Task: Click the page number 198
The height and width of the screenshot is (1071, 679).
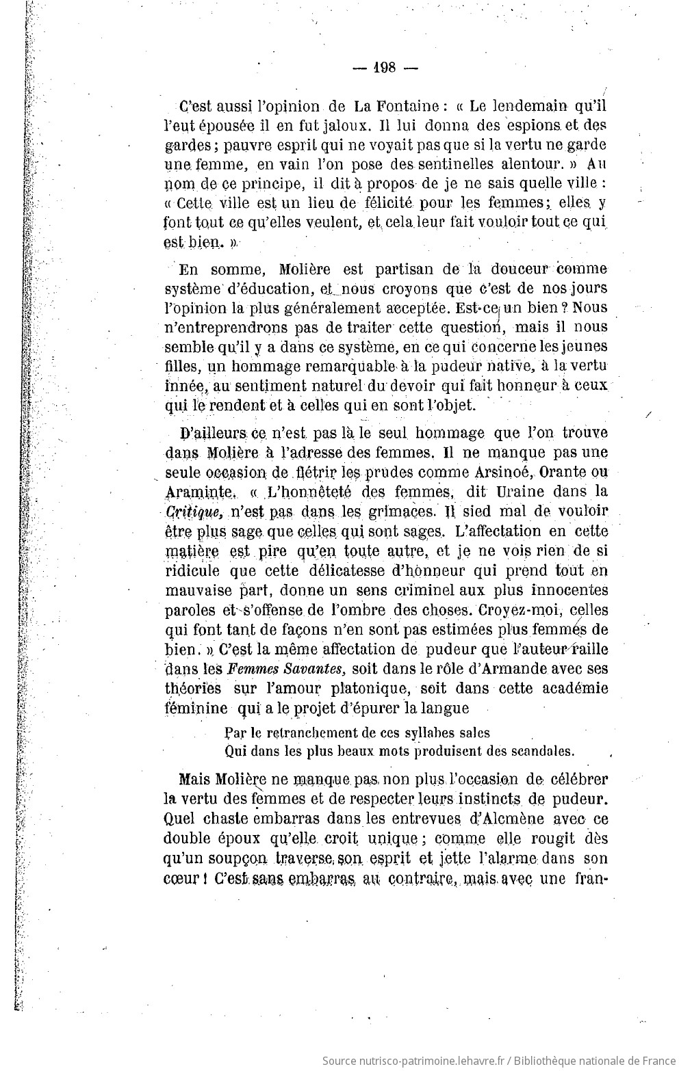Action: point(385,67)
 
